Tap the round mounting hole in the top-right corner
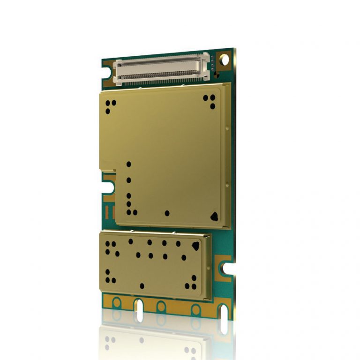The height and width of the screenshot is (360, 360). pyautogui.click(x=225, y=60)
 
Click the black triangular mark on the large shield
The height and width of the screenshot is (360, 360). pyautogui.click(x=215, y=216)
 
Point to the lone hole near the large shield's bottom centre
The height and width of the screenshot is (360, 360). pyautogui.click(x=167, y=213)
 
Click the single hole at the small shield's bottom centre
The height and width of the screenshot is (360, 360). pyautogui.click(x=142, y=285)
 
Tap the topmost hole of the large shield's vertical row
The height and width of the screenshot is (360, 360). pyautogui.click(x=129, y=164)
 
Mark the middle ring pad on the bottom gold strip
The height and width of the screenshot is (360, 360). pyautogui.click(x=161, y=307)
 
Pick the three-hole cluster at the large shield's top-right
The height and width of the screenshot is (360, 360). pyautogui.click(x=210, y=100)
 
